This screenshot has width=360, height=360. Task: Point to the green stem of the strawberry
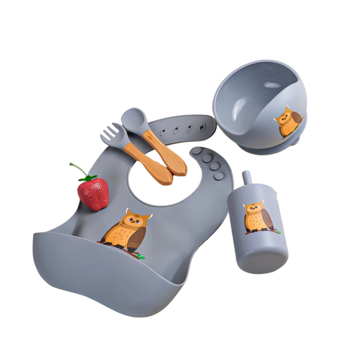[77, 168]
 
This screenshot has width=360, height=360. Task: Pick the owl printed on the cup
[259, 216]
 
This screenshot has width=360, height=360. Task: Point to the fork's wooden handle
[154, 161]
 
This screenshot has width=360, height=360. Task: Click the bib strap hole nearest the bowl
[202, 124]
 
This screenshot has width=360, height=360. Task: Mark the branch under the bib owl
[132, 254]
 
